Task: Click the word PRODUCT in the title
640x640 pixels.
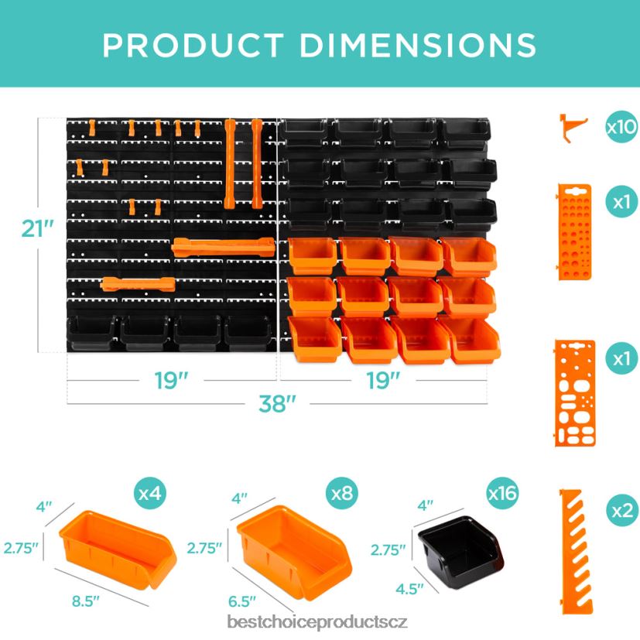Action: tap(195, 45)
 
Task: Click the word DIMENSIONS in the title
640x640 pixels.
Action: tap(419, 45)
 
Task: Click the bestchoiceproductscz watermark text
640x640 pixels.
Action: tap(317, 622)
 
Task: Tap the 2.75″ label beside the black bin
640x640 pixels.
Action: tap(388, 550)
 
